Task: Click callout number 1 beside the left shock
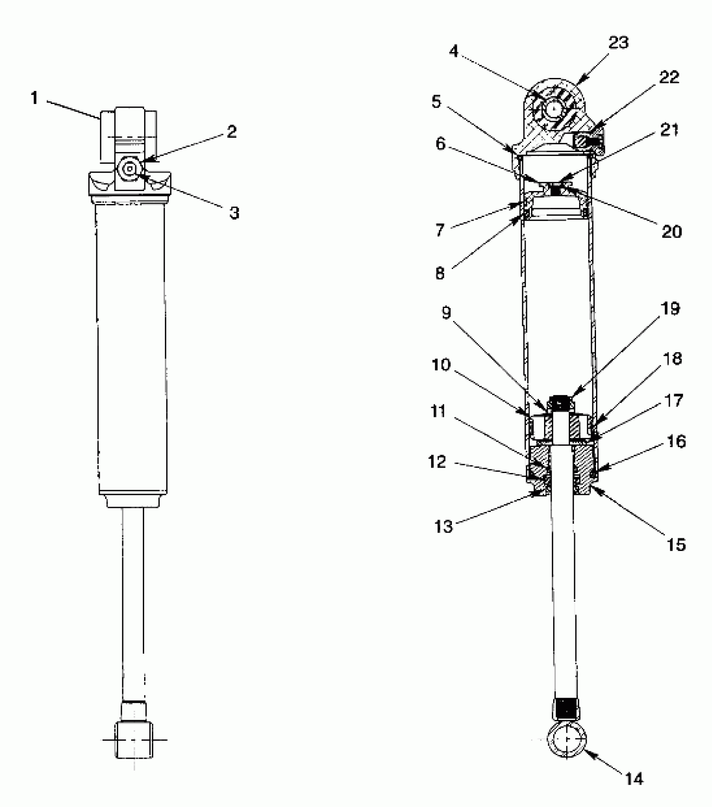pos(34,98)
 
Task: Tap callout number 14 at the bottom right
pos(634,779)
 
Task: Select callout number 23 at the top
pos(619,43)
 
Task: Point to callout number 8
pos(440,273)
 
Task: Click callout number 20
pos(671,231)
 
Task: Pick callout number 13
pos(444,526)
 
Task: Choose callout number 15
pos(676,544)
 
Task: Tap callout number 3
pos(234,213)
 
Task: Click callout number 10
pos(441,365)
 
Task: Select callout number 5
pos(436,102)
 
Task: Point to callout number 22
pos(669,77)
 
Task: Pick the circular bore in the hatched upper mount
pos(554,110)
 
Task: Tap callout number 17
pos(674,401)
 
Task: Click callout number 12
pos(437,462)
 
